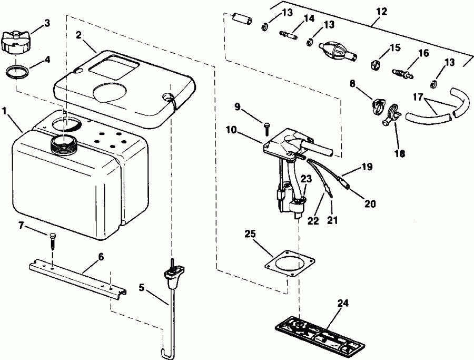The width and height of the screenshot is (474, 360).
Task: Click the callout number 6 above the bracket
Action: pyautogui.click(x=101, y=257)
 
